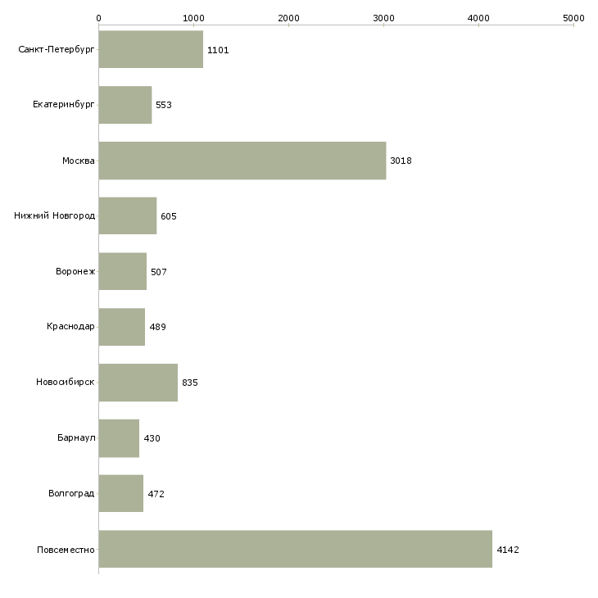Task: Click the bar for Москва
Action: pyautogui.click(x=242, y=161)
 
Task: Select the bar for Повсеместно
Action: pyautogui.click(x=296, y=549)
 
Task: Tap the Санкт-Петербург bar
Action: pyautogui.click(x=151, y=49)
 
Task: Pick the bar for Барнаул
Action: pyautogui.click(x=119, y=438)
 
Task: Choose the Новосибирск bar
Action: pyautogui.click(x=138, y=383)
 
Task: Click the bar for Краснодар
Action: pyautogui.click(x=122, y=327)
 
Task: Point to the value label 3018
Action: pyautogui.click(x=401, y=161)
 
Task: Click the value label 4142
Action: pyautogui.click(x=508, y=550)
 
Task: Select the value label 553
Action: pyautogui.click(x=164, y=105)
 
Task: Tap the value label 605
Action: pyautogui.click(x=169, y=216)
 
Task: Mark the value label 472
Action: pyautogui.click(x=156, y=494)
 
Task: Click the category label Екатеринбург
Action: pyautogui.click(x=63, y=105)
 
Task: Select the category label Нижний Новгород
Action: pyautogui.click(x=55, y=216)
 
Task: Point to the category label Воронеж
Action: pyautogui.click(x=75, y=271)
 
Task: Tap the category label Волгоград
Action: pyautogui.click(x=71, y=493)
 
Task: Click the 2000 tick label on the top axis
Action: pyautogui.click(x=288, y=18)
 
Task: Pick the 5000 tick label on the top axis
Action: pyautogui.click(x=573, y=18)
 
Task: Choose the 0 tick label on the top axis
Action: pyautogui.click(x=99, y=18)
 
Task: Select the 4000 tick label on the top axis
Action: pyautogui.click(x=478, y=18)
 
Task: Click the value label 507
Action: pyautogui.click(x=159, y=272)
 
